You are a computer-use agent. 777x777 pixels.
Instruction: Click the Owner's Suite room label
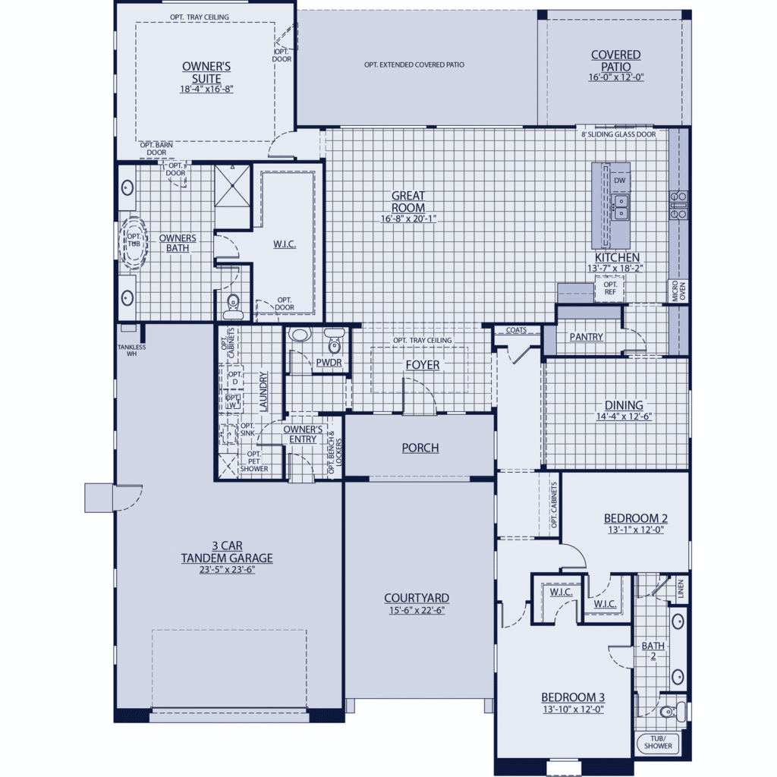[206, 72]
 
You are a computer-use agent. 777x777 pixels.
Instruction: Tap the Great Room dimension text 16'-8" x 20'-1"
[408, 219]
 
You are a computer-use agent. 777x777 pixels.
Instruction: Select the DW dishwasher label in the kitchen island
[619, 181]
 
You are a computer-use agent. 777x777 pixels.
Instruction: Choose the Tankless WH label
[131, 351]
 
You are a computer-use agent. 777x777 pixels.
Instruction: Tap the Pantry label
[587, 337]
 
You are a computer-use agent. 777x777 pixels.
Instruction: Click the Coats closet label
[516, 330]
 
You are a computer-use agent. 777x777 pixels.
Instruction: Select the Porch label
[420, 448]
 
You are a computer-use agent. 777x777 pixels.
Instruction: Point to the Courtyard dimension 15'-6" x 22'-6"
[417, 611]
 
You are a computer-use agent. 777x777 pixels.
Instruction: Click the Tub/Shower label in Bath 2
[658, 742]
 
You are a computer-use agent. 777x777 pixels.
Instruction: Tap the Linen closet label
[681, 589]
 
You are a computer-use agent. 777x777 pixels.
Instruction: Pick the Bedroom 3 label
[573, 697]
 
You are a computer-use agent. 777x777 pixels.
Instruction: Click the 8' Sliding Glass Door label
[618, 134]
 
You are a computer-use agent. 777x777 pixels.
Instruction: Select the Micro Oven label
[679, 291]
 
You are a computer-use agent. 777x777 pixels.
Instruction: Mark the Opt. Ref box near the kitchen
[610, 288]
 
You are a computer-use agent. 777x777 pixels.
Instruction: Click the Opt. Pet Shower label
[253, 461]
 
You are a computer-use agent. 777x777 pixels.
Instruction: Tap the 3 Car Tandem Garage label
[227, 552]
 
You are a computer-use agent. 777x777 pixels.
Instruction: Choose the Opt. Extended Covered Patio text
[414, 65]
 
